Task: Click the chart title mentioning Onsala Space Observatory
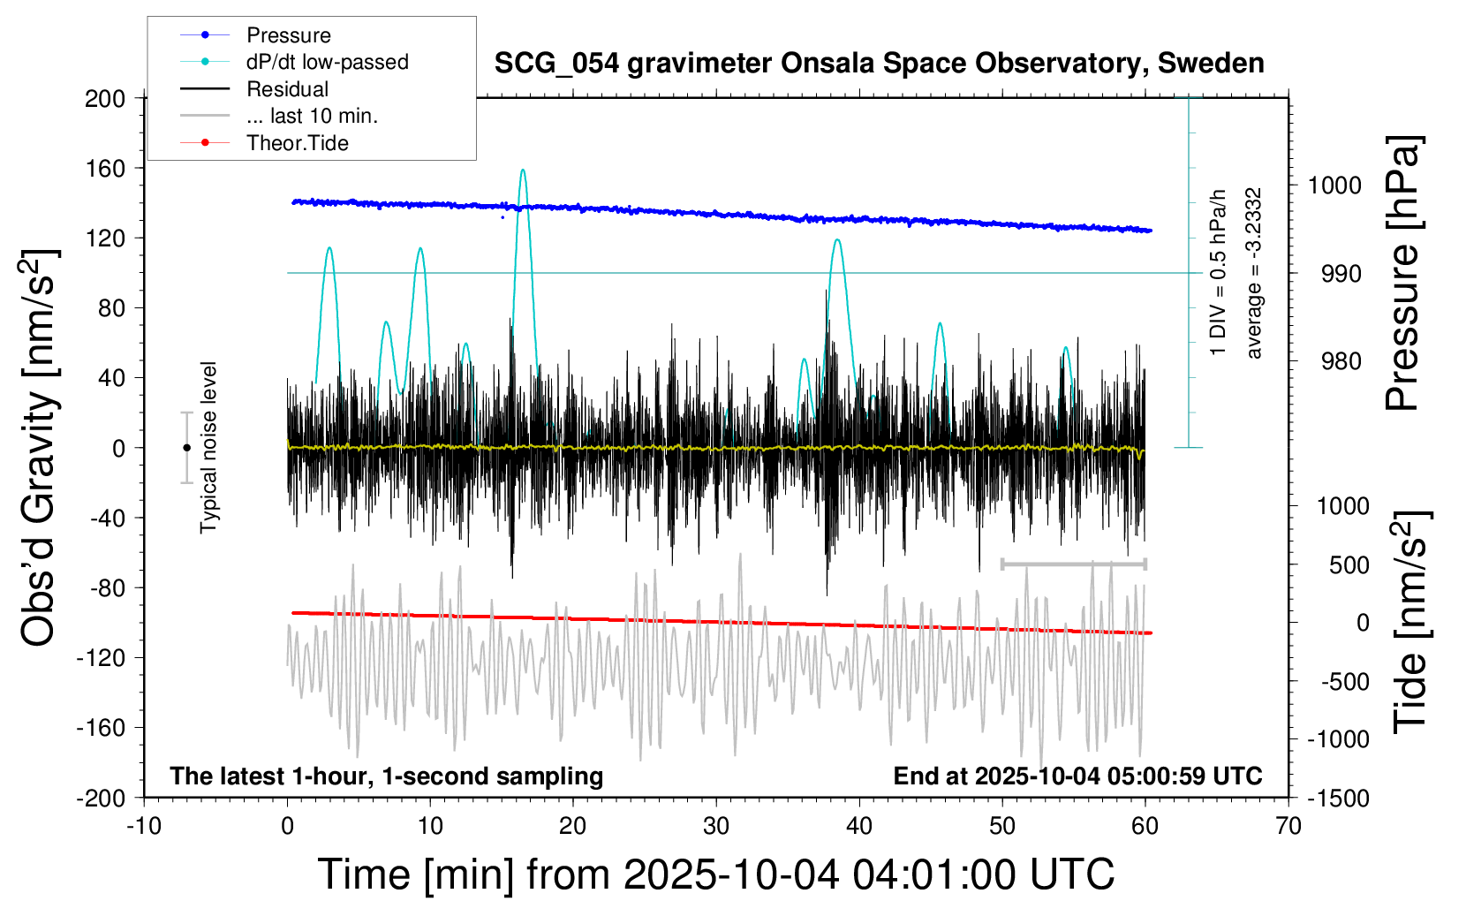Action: click(879, 64)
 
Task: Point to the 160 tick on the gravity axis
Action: click(105, 168)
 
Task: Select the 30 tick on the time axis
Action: click(716, 826)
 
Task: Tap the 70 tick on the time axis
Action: click(1288, 826)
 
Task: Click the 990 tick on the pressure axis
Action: click(1341, 274)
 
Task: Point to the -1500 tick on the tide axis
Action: click(1337, 799)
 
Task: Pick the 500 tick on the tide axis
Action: click(1349, 565)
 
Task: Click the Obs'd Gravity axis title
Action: click(40, 448)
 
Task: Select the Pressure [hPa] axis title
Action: click(1402, 273)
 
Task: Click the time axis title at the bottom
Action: click(715, 874)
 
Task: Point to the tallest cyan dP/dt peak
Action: click(523, 170)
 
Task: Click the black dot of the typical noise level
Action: click(186, 448)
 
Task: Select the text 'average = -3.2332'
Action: click(1253, 273)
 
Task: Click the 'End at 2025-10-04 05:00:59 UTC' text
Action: click(1077, 776)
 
